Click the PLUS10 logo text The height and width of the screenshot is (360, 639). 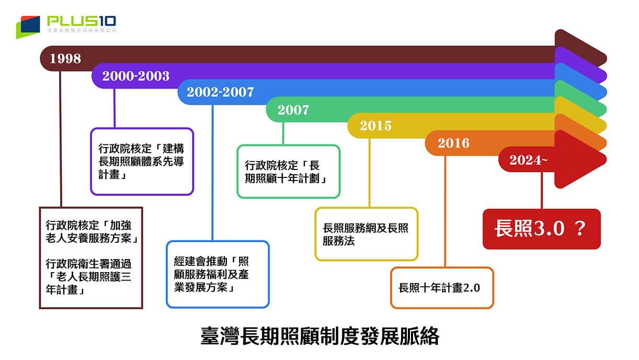82,21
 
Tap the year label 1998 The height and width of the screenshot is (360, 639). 65,59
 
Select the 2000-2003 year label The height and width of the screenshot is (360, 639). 136,76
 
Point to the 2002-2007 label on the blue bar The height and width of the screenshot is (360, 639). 220,93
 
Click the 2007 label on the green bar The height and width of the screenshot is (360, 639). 293,110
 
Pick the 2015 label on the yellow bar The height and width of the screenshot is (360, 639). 375,126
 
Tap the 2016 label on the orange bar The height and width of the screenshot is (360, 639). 453,143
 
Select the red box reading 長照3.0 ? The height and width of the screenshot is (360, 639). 541,229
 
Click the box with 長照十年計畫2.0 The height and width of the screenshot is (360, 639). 442,288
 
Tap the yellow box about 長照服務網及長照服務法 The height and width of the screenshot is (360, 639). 366,234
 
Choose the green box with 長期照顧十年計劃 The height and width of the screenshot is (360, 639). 288,172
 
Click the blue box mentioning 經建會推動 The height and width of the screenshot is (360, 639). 218,274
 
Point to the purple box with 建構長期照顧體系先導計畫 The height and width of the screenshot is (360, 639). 142,162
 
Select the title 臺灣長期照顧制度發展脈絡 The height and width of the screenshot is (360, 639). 319,336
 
